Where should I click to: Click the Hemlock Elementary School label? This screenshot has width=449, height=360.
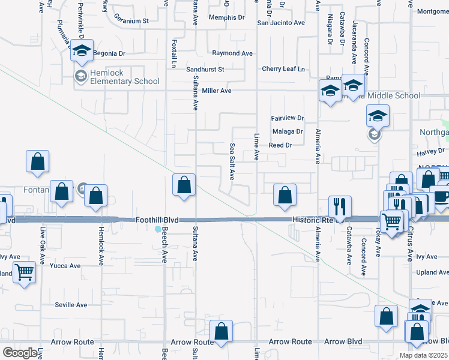tap(125, 77)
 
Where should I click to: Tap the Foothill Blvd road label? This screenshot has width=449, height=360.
tap(158, 220)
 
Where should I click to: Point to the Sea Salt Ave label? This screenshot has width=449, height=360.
tap(232, 161)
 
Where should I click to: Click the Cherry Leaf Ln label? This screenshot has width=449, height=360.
tap(283, 69)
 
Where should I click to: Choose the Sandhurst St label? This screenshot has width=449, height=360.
tap(205, 69)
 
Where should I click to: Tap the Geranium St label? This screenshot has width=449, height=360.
tap(131, 20)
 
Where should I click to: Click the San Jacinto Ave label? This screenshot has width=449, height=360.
tap(281, 23)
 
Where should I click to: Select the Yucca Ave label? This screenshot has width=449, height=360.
tap(65, 266)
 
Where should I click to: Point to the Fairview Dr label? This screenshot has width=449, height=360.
tap(288, 118)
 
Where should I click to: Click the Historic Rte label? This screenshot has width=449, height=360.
tap(311, 220)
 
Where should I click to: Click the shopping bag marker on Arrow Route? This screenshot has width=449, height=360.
tap(221, 331)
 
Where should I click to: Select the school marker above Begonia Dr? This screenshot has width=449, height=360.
tap(82, 50)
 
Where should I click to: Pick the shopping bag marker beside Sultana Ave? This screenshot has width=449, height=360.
tap(184, 185)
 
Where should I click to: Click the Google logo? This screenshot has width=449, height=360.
tap(20, 353)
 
